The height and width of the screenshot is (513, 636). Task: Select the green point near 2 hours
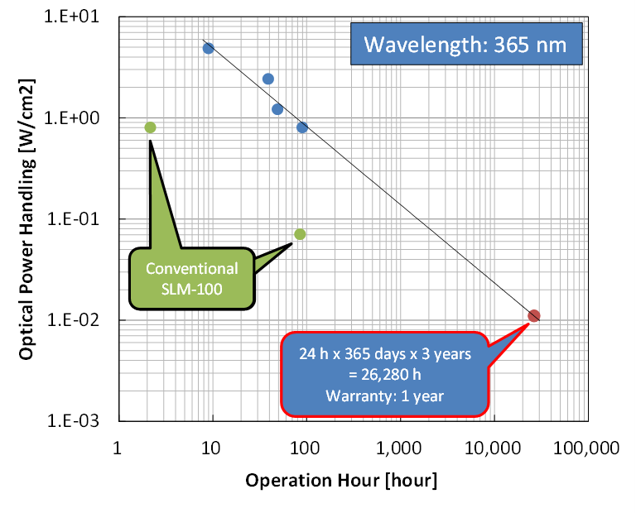(150, 127)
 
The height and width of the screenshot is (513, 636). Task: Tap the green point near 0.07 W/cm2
(300, 234)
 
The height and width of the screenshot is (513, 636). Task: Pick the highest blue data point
(208, 48)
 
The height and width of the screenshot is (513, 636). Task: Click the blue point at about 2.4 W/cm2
(267, 79)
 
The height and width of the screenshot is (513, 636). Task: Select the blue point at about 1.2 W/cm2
(277, 109)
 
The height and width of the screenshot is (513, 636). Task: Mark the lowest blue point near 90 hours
(302, 127)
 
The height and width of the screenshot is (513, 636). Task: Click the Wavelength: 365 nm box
(465, 44)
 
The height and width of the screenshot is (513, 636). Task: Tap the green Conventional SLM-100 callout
(191, 278)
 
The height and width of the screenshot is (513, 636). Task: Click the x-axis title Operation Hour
(340, 481)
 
